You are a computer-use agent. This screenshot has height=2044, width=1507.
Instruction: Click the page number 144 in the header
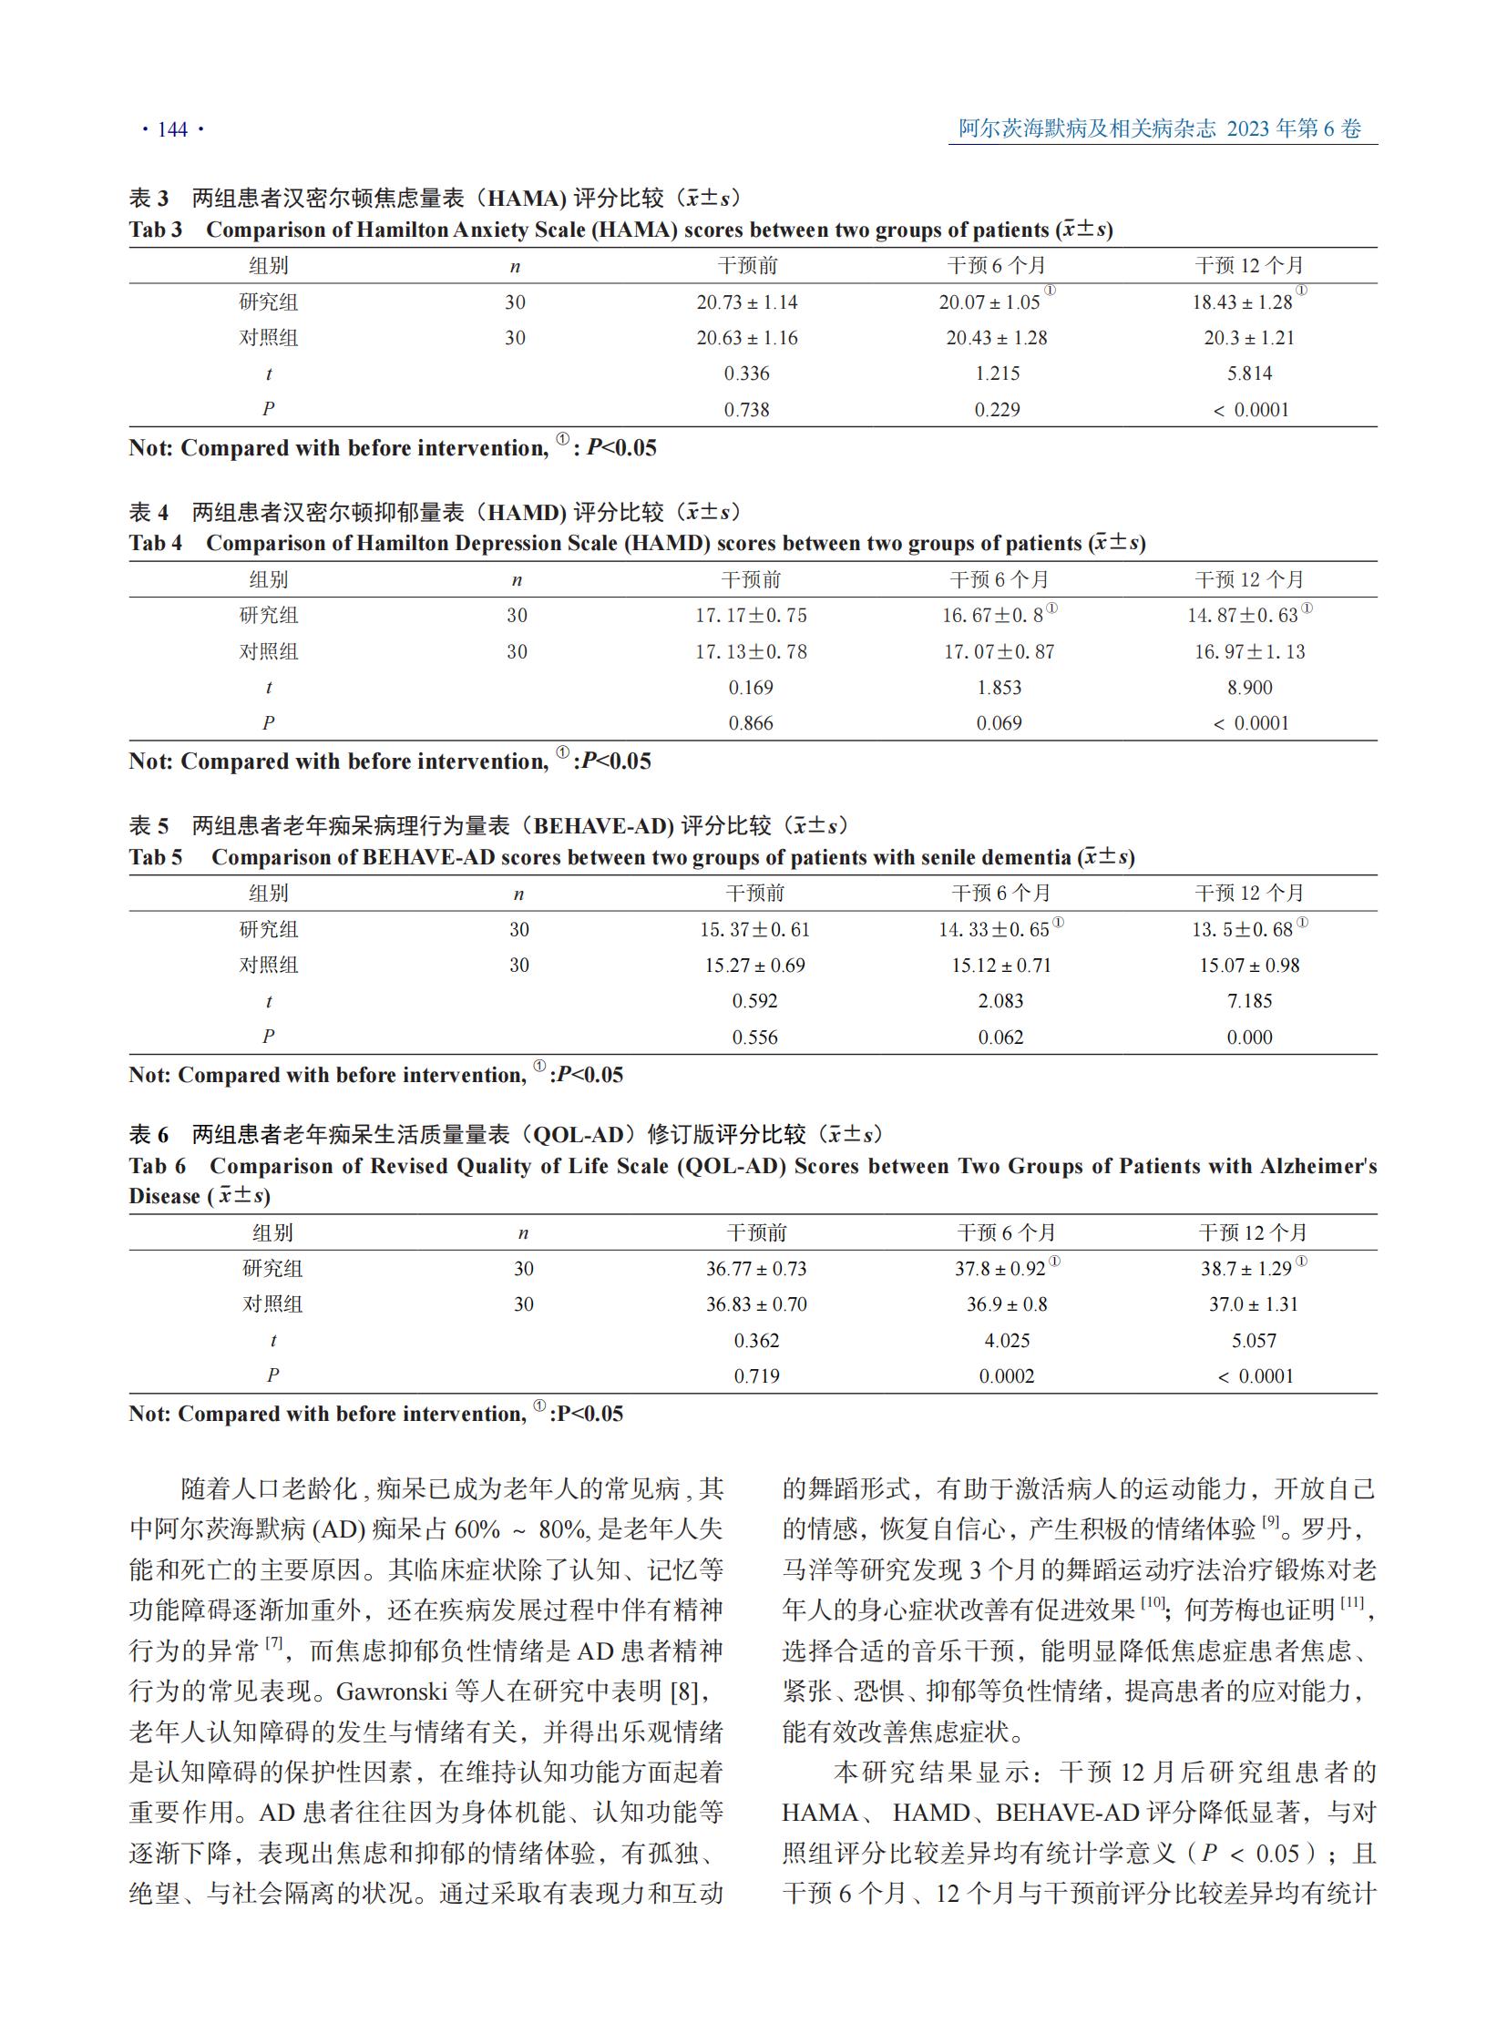tap(172, 129)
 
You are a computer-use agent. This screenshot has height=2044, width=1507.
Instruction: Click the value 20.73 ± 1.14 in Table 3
tap(746, 301)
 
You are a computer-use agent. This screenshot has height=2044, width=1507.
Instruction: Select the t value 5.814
tap(1249, 373)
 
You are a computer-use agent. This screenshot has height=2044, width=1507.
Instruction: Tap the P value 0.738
tap(746, 410)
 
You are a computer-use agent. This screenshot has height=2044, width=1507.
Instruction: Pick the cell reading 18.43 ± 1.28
tap(1242, 301)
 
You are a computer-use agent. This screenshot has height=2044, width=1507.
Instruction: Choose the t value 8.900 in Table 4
tap(1249, 688)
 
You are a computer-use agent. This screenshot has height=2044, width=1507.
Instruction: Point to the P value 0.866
tap(750, 723)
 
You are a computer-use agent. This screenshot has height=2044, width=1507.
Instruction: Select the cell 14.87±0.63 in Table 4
tap(1242, 616)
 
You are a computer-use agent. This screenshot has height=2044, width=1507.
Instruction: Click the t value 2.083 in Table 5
tap(1000, 1000)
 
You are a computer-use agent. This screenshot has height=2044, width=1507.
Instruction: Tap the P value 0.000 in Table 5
tap(1249, 1037)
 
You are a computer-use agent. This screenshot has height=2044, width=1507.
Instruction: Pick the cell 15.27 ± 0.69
tap(754, 965)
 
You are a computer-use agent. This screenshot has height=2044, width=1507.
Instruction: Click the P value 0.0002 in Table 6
tap(1006, 1376)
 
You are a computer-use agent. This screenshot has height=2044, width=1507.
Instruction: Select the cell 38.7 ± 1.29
tap(1246, 1269)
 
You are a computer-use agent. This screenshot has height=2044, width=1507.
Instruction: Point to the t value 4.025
tap(1006, 1341)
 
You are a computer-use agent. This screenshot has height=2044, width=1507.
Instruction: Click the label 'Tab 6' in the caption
tap(157, 1167)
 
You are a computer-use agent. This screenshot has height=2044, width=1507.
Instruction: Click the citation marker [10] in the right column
tap(1153, 1602)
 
